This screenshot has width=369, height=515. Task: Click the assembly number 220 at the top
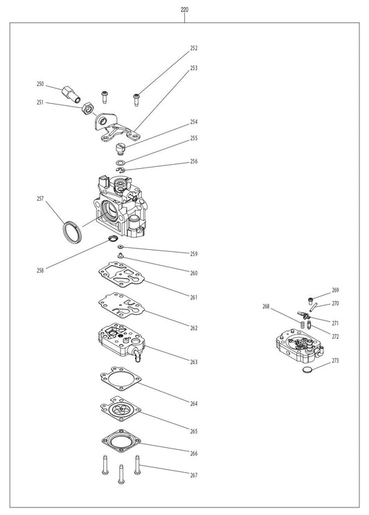(184, 10)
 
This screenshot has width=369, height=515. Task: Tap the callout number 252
(194, 48)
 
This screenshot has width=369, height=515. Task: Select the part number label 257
(40, 199)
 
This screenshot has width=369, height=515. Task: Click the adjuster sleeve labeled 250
(71, 91)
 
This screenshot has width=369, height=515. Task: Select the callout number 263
(194, 361)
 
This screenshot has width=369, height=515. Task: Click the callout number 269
(335, 291)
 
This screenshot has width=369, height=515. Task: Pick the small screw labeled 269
(311, 299)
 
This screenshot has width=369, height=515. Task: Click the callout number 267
(194, 476)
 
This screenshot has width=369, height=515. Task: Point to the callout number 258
(40, 271)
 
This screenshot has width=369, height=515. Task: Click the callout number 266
(194, 453)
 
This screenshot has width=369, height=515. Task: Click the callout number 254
(194, 122)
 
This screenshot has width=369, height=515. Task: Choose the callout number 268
(266, 306)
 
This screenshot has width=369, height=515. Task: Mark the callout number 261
(194, 297)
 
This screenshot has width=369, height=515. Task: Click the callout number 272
(335, 336)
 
